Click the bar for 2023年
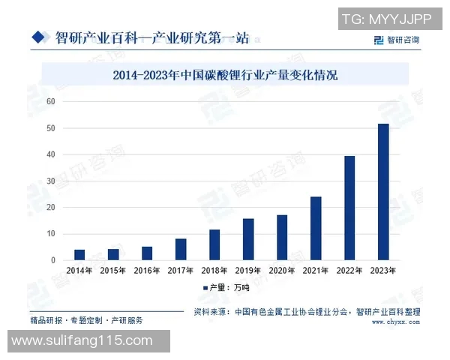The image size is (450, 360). point(383,192)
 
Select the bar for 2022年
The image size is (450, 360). point(349,208)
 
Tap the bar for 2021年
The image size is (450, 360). point(316,228)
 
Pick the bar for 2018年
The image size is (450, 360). point(214,244)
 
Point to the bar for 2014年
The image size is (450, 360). point(79,255)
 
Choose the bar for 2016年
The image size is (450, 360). point(147,253)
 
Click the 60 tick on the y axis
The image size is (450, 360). point(51,101)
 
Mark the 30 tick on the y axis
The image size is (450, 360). point(51,181)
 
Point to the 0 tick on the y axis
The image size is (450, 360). point(53,260)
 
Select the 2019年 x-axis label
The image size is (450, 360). point(248,271)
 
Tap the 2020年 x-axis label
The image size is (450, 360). point(282,271)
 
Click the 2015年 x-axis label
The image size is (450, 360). point(113,271)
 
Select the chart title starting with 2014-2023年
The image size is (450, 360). point(225,75)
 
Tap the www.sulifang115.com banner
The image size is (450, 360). point(84,341)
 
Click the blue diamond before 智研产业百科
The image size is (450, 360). point(37,35)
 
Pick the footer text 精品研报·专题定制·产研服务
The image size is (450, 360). point(86,319)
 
